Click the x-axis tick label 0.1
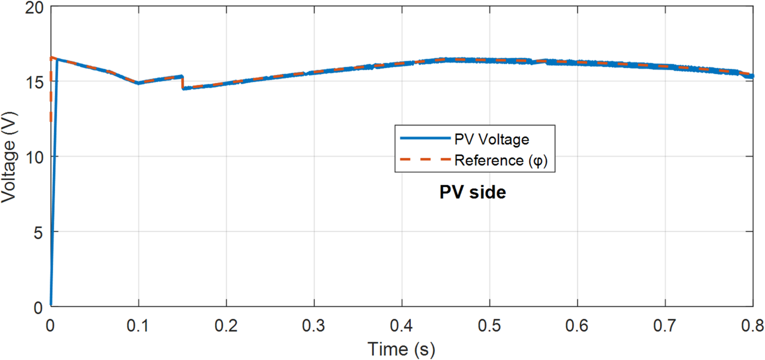138,327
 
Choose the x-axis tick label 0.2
226,327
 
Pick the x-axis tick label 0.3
314,327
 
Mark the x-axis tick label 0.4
402,327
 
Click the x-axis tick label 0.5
489,327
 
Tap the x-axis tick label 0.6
577,327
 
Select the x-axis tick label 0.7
665,327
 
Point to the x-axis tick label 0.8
752,327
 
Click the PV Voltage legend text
491,139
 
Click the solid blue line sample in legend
423,139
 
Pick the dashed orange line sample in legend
423,161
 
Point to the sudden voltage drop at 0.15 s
183,82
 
